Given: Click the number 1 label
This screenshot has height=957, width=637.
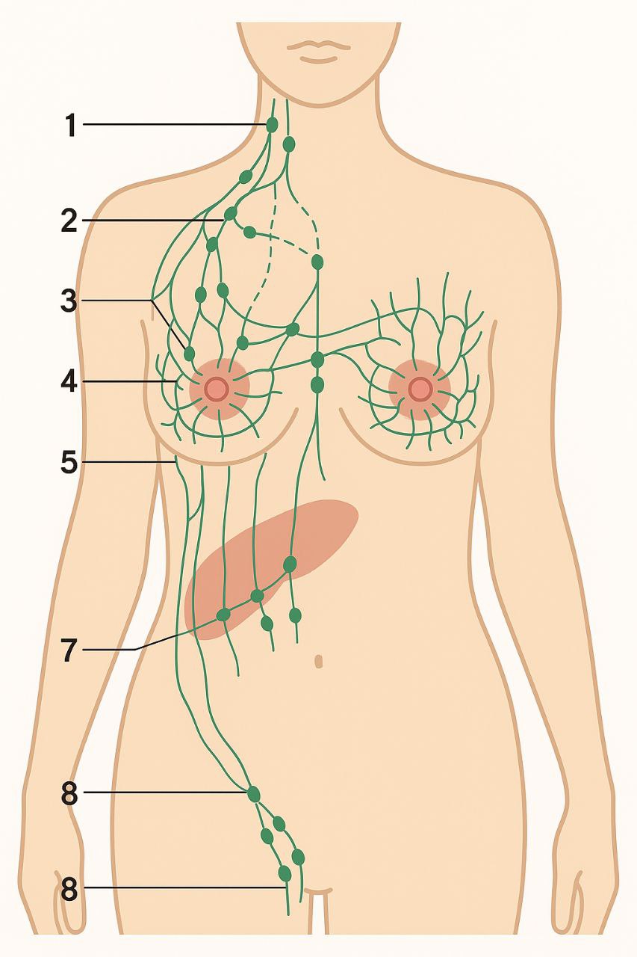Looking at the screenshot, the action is click(x=71, y=125).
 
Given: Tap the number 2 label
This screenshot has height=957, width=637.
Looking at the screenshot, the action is click(x=69, y=221).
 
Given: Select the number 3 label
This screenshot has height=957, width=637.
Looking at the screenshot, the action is click(x=69, y=301).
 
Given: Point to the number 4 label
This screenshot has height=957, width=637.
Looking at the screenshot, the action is click(x=69, y=382).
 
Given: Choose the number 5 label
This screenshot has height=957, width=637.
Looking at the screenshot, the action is click(x=69, y=463).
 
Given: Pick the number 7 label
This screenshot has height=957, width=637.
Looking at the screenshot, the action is click(x=69, y=650).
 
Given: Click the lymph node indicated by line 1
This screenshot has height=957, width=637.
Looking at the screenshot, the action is click(x=273, y=124).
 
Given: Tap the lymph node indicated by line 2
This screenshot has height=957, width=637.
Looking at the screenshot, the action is click(x=231, y=214).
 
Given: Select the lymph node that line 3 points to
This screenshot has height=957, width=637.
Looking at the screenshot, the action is click(x=190, y=353).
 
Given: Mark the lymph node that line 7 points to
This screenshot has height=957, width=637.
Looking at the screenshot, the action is click(x=223, y=615).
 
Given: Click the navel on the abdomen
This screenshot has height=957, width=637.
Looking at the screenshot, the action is click(x=319, y=661).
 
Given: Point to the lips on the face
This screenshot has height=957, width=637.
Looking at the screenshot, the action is click(x=313, y=53).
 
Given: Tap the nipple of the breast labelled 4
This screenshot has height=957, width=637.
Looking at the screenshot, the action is click(x=217, y=389).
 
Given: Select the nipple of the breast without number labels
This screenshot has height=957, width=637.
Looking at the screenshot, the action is click(x=420, y=389).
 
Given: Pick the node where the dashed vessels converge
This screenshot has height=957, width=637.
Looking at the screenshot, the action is click(x=317, y=262).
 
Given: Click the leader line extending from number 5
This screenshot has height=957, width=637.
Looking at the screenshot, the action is click(x=127, y=463).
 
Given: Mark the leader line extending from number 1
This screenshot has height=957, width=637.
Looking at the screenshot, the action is click(x=172, y=125).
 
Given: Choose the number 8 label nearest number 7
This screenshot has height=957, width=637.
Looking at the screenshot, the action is click(x=69, y=794).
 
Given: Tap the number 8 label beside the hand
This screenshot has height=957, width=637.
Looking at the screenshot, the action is click(x=69, y=890).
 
